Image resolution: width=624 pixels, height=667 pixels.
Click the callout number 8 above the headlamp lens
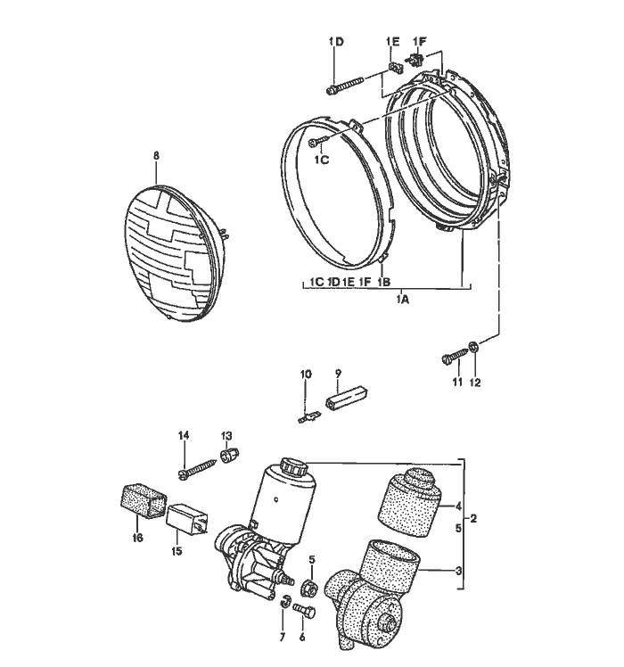tap(156, 155)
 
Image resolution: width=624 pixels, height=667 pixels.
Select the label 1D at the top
tap(335, 42)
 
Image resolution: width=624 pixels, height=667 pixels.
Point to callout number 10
tap(306, 374)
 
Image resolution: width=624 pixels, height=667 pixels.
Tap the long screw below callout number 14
tap(201, 466)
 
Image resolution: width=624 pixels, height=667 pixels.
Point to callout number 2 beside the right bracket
tap(474, 518)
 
